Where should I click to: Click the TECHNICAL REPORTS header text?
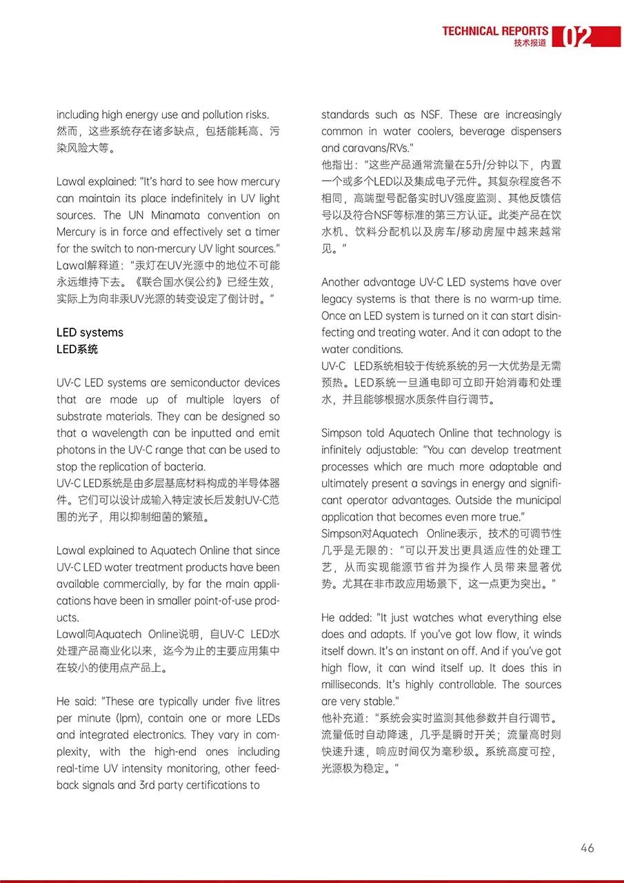pyautogui.click(x=495, y=31)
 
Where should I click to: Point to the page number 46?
pyautogui.click(x=587, y=848)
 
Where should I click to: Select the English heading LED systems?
pyautogui.click(x=90, y=333)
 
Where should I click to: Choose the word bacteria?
pyautogui.click(x=163, y=467)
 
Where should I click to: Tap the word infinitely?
pyautogui.click(x=344, y=450)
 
